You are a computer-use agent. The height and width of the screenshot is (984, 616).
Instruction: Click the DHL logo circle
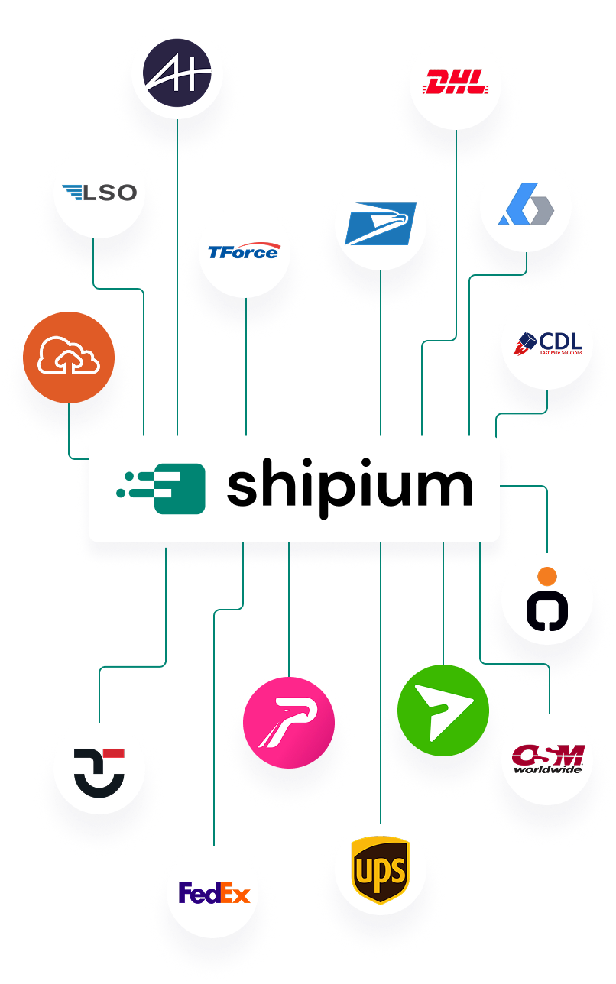tap(456, 83)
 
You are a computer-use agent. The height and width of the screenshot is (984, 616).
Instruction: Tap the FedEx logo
tap(213, 892)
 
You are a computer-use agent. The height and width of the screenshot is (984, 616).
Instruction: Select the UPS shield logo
tap(380, 869)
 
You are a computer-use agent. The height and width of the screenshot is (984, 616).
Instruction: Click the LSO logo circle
tap(99, 193)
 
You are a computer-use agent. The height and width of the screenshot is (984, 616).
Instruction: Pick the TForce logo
tap(245, 251)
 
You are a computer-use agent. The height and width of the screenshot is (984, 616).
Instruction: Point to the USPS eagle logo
tap(380, 225)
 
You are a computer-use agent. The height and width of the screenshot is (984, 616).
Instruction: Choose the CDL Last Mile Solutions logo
tap(547, 344)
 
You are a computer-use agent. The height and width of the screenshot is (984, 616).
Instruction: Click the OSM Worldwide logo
tap(547, 759)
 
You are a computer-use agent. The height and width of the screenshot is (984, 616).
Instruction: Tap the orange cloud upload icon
tap(68, 358)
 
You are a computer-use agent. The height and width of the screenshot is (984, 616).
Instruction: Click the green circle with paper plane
tap(443, 710)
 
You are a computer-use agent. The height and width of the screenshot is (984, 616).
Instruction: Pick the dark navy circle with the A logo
tap(177, 73)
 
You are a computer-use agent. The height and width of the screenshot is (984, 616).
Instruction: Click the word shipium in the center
tap(349, 490)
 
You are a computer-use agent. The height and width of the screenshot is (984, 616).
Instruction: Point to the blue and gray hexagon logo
tap(526, 208)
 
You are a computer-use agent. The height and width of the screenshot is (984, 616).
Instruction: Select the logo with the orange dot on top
tap(547, 600)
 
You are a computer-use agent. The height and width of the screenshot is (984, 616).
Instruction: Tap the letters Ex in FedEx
tap(236, 892)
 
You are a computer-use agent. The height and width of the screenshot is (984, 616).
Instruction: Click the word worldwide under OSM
tap(547, 770)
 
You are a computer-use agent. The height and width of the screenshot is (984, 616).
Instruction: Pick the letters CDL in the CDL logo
tap(560, 340)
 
